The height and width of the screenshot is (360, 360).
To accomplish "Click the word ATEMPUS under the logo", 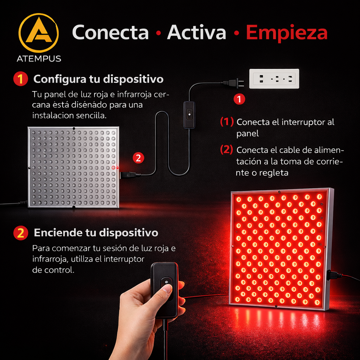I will [39, 59].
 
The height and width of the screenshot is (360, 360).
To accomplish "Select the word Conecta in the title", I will [110, 32].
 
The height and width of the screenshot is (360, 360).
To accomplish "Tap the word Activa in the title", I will [197, 32].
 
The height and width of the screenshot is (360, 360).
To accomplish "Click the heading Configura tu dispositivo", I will [98, 79].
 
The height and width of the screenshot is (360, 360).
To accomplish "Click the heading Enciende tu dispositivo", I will [96, 233].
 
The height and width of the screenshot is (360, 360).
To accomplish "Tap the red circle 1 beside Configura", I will [20, 79].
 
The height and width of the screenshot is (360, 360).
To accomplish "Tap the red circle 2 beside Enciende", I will [20, 233].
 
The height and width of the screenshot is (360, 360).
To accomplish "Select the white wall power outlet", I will [274, 79].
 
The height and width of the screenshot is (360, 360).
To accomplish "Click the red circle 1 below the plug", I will [239, 99].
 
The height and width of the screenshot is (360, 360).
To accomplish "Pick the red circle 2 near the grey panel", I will [138, 158].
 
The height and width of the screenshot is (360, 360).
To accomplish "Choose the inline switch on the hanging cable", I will [189, 115].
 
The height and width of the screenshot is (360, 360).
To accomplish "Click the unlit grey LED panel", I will [73, 167].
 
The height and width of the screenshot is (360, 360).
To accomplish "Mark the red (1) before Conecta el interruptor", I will [227, 122].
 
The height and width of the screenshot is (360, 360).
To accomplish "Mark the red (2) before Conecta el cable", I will [227, 150].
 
